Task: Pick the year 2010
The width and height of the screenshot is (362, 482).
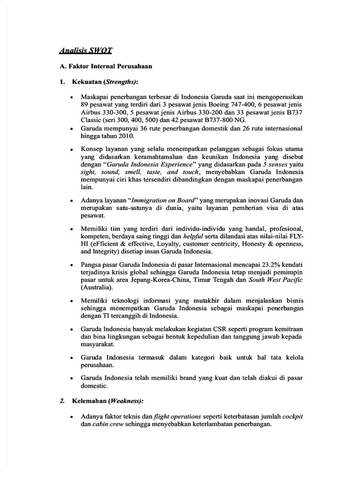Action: (124, 136)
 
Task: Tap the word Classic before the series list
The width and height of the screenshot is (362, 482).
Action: (93, 120)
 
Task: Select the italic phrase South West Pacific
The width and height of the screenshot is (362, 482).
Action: (277, 280)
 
